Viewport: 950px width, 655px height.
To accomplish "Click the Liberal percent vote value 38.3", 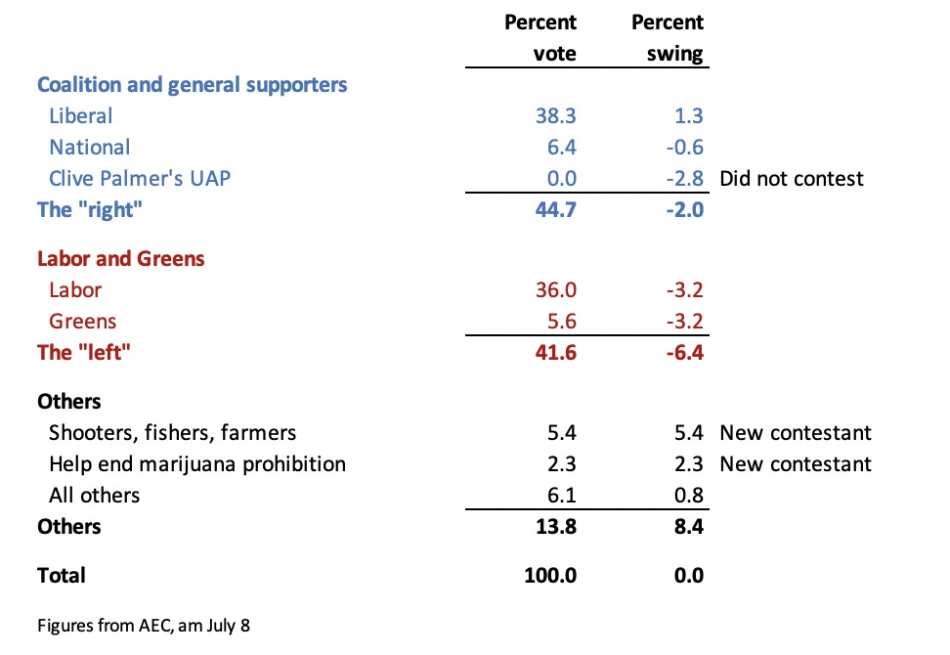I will [x=556, y=116].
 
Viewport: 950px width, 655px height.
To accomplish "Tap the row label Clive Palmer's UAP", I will [x=139, y=179].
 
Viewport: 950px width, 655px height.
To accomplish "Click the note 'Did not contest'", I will [x=792, y=179].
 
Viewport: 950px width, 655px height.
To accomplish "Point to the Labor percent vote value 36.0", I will [x=556, y=290].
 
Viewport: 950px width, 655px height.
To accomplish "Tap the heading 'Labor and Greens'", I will [x=120, y=259].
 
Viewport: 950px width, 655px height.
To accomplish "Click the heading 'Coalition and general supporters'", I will [x=192, y=85].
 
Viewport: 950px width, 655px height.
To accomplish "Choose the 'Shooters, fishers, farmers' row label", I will [x=172, y=433].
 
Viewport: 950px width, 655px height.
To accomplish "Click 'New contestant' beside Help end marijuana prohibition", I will [x=795, y=464].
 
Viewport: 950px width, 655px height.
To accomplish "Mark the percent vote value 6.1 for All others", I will [x=563, y=496].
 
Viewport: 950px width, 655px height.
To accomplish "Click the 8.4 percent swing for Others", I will [x=687, y=527].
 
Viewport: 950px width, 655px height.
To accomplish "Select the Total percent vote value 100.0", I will [x=550, y=576].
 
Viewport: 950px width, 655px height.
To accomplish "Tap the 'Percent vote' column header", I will [x=540, y=38].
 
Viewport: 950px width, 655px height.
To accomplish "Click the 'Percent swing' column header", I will [x=668, y=38].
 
